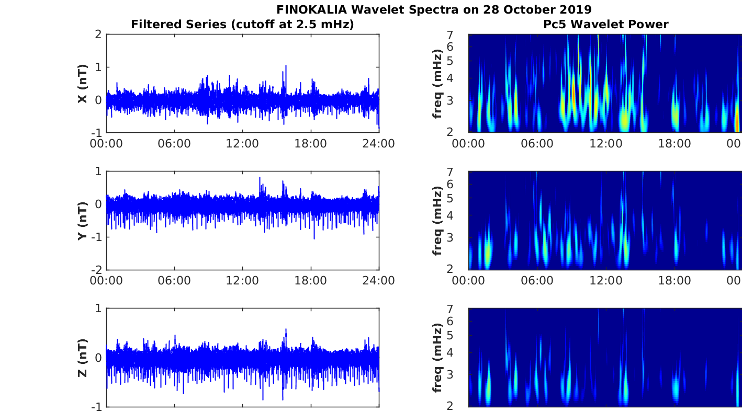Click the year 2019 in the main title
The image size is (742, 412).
click(x=574, y=9)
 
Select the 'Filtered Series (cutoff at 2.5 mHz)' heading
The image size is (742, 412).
click(x=242, y=24)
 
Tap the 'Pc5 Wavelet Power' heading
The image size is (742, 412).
click(x=605, y=24)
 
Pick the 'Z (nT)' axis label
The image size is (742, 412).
click(x=82, y=358)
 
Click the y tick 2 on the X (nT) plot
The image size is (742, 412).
click(x=98, y=35)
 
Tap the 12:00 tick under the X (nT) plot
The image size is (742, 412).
click(x=242, y=144)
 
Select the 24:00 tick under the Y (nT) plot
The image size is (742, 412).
click(x=379, y=281)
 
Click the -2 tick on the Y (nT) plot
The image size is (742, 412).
click(x=96, y=270)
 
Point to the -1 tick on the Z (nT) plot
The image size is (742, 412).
click(x=96, y=407)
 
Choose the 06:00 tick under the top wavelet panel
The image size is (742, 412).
click(x=536, y=144)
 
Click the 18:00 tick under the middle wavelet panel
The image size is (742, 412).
click(x=674, y=281)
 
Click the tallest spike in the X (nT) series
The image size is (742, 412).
click(x=286, y=66)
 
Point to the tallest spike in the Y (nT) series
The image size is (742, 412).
click(x=260, y=178)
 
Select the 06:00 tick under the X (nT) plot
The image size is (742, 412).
click(x=174, y=144)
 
